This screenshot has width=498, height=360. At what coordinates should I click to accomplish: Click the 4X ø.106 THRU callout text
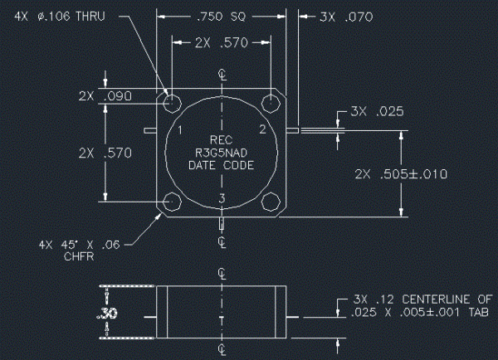tap(60, 17)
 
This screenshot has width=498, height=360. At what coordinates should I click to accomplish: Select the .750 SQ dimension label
tap(222, 17)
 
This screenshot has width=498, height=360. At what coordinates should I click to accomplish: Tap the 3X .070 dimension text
tap(346, 17)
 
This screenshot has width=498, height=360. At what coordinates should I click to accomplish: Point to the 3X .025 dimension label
tap(377, 111)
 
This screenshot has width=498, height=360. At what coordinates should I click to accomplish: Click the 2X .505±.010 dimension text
tap(401, 174)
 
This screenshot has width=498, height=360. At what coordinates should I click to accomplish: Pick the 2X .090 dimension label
tap(105, 96)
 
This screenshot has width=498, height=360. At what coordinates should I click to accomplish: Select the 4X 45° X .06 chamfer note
tap(80, 245)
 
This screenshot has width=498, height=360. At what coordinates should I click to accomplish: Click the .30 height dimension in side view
tap(107, 313)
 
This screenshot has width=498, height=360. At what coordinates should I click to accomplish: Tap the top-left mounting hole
tap(172, 104)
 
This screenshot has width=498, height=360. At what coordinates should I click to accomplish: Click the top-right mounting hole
tap(271, 104)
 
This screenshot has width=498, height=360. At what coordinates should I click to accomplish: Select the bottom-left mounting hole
tap(172, 202)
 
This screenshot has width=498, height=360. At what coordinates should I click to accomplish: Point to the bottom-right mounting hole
tap(271, 202)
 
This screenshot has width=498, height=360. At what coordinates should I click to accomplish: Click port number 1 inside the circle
tap(180, 130)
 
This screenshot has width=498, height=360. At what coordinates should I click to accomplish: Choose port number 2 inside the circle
tap(262, 129)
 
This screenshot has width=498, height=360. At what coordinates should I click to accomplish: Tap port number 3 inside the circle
tap(222, 198)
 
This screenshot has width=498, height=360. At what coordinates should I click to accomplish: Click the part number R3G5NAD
tap(221, 153)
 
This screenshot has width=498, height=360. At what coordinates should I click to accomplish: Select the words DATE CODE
tap(222, 165)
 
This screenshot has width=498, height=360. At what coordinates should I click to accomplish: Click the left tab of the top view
tap(150, 130)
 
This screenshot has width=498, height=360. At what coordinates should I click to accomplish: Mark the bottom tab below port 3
tap(222, 223)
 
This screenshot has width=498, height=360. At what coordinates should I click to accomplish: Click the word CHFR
tap(79, 256)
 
